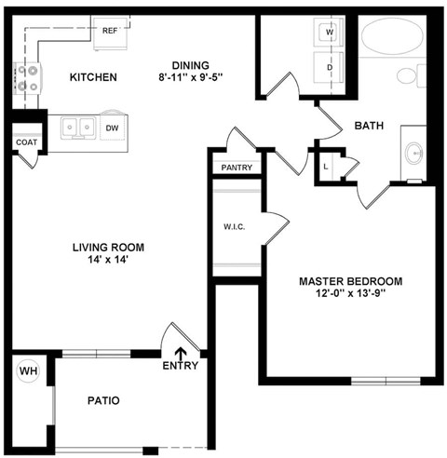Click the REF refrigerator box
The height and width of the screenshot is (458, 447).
[110, 30]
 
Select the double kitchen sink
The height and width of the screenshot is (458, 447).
[75, 127]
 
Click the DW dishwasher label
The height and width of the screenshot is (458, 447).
[112, 128]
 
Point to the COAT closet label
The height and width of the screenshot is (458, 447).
[24, 142]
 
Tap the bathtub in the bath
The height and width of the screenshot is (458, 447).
[392, 37]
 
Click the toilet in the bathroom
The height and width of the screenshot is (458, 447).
[410, 75]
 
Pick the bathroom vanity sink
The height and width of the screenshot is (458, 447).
[414, 153]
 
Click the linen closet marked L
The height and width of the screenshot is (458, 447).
[326, 166]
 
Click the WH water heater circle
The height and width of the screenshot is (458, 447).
[28, 372]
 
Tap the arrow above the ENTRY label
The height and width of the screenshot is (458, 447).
[181, 352]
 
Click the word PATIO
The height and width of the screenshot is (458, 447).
[103, 401]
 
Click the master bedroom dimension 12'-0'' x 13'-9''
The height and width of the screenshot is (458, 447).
[350, 295]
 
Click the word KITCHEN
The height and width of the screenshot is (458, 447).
[93, 77]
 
